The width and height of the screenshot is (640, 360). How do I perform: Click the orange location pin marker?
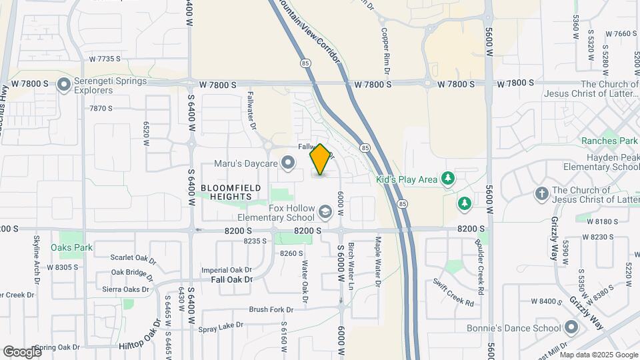(x=320, y=159)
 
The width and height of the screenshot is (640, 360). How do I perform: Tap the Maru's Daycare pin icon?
(x=288, y=163)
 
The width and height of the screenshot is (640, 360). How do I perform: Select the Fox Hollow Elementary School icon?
(x=325, y=213)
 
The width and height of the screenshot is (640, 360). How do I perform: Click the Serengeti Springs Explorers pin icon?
(x=64, y=85)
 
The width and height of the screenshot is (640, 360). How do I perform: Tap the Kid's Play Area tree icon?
(x=449, y=178)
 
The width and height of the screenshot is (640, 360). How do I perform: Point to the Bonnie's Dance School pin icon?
(x=571, y=327)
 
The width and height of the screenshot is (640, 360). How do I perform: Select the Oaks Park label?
(x=71, y=247)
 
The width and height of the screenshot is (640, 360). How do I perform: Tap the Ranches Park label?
(x=609, y=141)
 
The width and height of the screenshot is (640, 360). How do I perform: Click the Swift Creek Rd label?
(x=453, y=293)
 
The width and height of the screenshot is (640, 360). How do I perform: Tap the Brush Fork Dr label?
(x=271, y=309)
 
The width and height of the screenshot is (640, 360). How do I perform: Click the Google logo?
(x=22, y=351)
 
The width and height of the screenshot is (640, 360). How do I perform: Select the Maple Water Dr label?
(x=378, y=261)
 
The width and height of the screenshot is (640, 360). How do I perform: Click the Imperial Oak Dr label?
(x=227, y=269)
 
